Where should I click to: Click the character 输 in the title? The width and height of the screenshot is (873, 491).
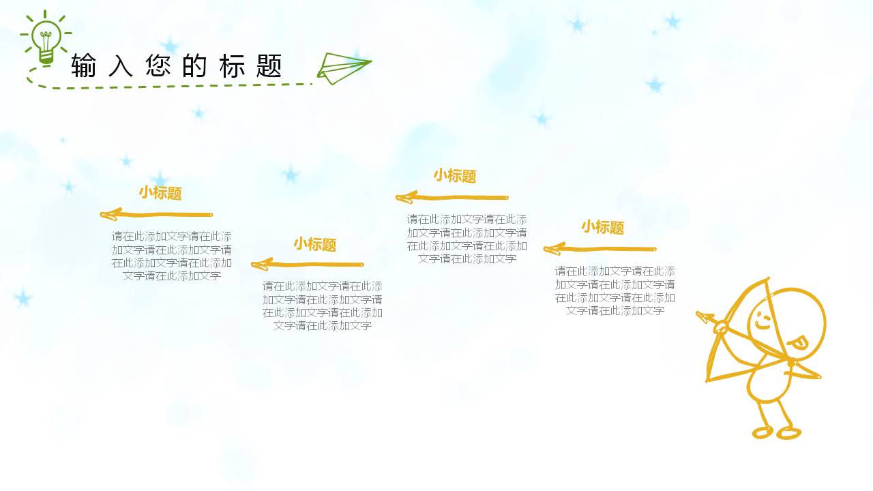(84, 67)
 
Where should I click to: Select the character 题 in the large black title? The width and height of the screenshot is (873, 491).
(271, 67)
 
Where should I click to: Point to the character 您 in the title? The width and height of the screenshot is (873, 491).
(158, 67)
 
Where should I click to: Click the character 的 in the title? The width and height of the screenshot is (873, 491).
(196, 67)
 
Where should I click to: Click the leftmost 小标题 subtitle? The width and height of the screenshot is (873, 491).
(160, 193)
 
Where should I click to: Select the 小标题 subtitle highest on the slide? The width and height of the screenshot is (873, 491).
(455, 176)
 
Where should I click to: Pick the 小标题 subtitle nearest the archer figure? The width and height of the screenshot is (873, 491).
(602, 227)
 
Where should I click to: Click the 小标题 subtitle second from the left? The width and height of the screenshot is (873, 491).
(315, 244)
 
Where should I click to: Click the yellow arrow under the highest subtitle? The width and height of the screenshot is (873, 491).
(452, 198)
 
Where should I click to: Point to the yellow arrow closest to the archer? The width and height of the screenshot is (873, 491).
(600, 249)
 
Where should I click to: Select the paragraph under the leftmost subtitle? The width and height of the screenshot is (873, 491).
(172, 256)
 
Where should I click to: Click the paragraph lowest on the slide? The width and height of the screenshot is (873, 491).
(323, 306)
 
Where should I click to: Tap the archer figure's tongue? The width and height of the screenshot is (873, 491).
(799, 342)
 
